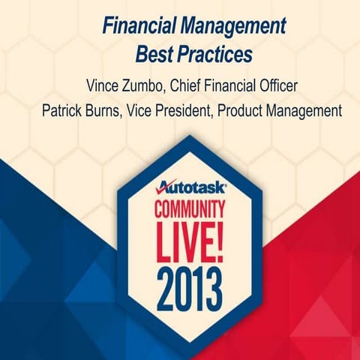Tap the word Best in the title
click(153, 55)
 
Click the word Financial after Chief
click(231, 83)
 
